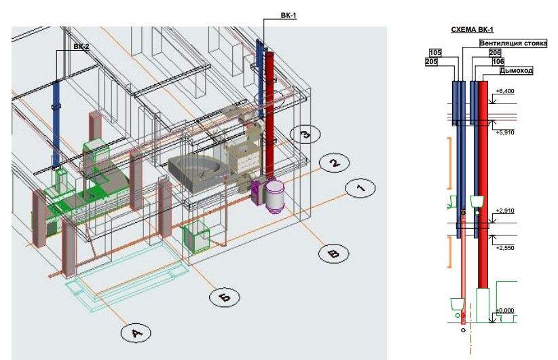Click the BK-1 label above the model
click(x=289, y=15)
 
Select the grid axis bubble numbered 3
click(x=305, y=134)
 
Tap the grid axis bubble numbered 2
click(x=333, y=163)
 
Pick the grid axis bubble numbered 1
click(x=360, y=187)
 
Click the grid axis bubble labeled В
click(x=333, y=253)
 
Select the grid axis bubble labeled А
click(x=136, y=333)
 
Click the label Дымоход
click(x=516, y=70)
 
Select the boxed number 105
click(x=436, y=52)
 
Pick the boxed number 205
click(x=431, y=61)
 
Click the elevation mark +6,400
click(x=506, y=91)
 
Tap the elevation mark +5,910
click(x=506, y=132)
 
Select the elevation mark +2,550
click(x=506, y=248)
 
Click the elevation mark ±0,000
click(x=506, y=310)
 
